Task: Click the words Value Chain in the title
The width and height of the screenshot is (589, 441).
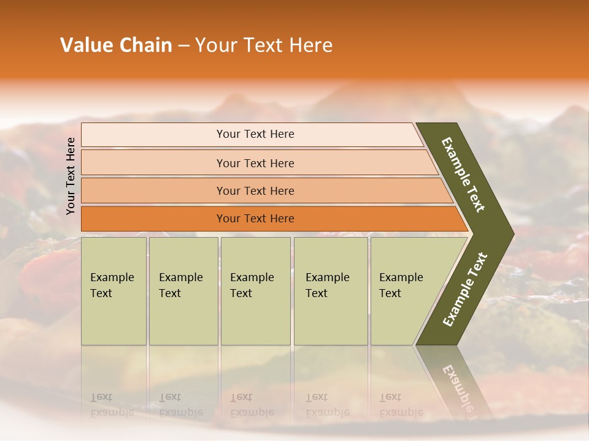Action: click(116, 45)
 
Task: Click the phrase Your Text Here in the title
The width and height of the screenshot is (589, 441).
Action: click(264, 45)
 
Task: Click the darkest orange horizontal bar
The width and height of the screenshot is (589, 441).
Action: click(153, 219)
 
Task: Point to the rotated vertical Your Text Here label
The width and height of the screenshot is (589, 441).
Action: click(71, 176)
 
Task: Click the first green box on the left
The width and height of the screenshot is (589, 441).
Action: click(114, 291)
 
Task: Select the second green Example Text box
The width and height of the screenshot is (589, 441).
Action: click(183, 291)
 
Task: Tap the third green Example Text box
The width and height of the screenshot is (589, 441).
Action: click(255, 291)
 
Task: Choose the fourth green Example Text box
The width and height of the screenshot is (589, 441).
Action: click(330, 291)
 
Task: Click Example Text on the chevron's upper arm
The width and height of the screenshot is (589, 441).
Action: click(464, 175)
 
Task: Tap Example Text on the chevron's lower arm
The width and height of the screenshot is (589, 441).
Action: click(465, 289)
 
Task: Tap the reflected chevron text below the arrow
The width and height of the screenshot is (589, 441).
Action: click(457, 392)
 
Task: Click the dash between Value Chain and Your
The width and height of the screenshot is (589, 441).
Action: click(183, 46)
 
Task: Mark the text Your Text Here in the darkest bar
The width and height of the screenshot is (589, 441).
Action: click(255, 219)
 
